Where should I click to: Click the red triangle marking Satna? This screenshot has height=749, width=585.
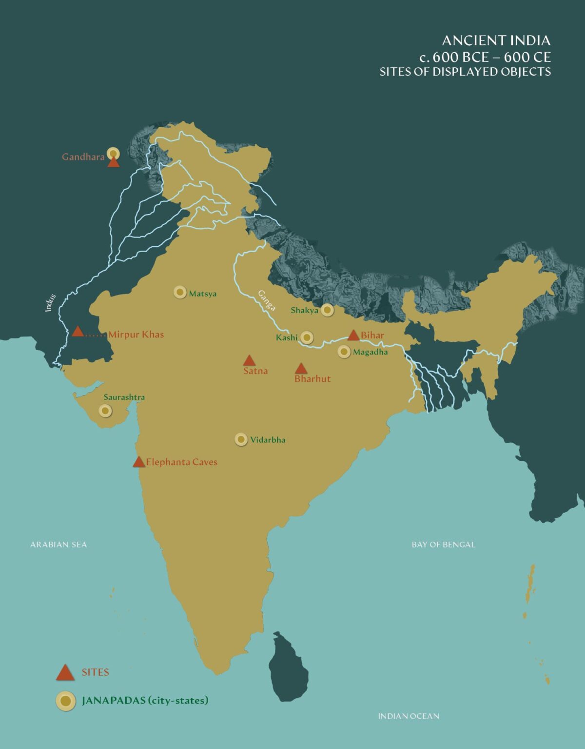point(249,361)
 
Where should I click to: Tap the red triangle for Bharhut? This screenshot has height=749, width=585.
point(301,369)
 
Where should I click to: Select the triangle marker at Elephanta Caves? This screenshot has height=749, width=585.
point(139,462)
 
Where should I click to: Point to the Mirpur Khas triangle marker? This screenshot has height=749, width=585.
point(78,332)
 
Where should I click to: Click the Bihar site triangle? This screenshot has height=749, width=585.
point(353,335)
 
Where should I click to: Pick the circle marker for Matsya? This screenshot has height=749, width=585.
point(180,292)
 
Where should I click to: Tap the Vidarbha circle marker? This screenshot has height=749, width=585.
point(241,439)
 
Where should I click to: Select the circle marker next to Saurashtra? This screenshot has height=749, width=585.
point(105,411)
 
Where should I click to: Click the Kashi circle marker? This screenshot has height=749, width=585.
point(307,337)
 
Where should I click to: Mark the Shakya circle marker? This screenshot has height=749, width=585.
point(327,310)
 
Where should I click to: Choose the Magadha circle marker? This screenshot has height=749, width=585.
point(344,352)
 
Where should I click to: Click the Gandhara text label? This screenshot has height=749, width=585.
point(83,157)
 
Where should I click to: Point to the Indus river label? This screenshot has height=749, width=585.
point(50,303)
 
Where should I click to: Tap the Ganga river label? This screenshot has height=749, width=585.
point(267,300)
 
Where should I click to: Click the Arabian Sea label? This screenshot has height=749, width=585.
point(58,545)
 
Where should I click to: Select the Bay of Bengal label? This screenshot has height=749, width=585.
point(443,545)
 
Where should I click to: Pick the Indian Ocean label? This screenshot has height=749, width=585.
point(409,716)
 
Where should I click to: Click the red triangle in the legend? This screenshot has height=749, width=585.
point(65,673)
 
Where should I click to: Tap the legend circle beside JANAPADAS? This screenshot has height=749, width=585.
point(65,701)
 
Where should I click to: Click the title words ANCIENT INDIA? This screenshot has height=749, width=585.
point(496,40)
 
